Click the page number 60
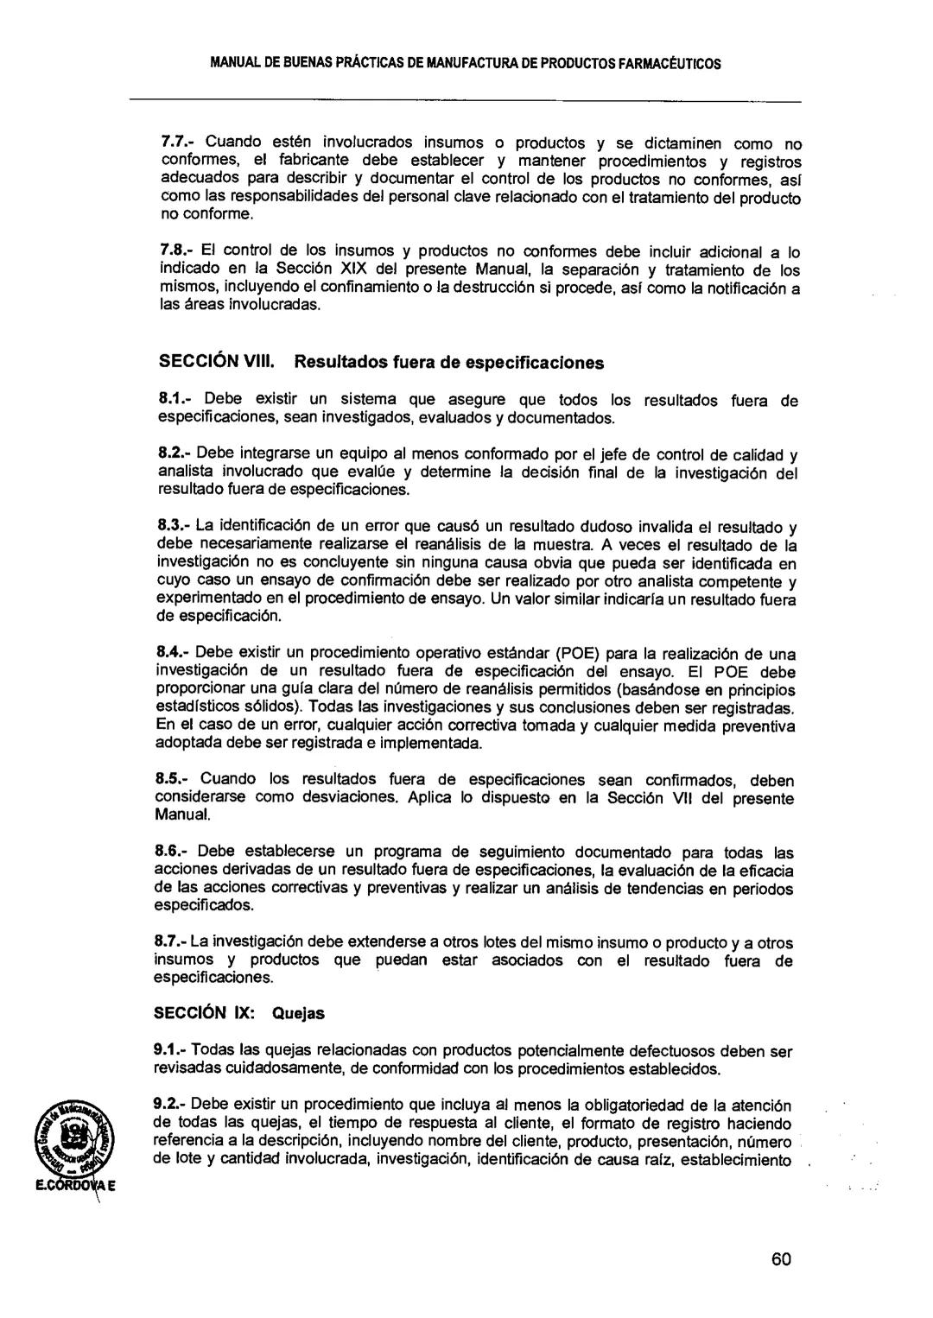tap(781, 1258)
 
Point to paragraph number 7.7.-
tap(179, 143)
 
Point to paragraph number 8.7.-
tap(171, 942)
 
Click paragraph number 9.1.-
tap(171, 1051)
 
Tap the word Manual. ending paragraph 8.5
tap(183, 814)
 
